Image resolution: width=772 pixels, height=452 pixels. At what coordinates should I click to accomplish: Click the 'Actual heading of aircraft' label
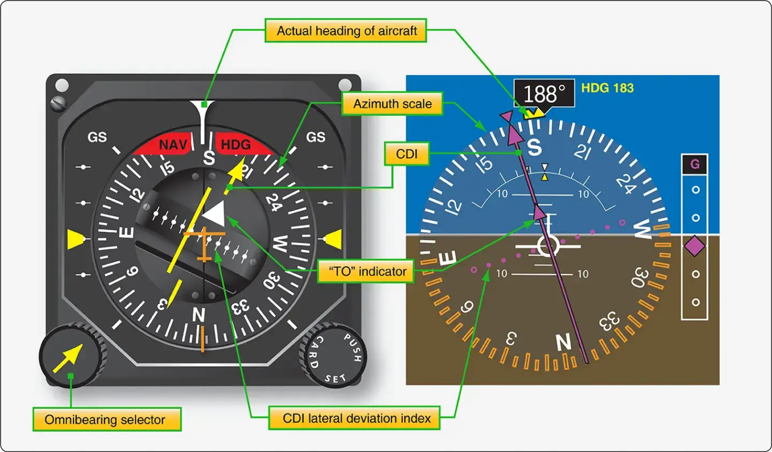pos(346,31)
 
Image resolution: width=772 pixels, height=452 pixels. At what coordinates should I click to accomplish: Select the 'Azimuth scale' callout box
pos(392,104)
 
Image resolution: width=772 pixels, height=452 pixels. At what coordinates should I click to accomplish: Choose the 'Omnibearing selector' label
pos(105,420)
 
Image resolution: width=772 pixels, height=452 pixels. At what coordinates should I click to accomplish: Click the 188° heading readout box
pos(543,94)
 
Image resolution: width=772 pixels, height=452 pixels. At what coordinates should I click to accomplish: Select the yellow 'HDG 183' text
pos(607,88)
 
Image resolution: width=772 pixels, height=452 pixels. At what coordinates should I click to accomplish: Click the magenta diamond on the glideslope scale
pos(695,246)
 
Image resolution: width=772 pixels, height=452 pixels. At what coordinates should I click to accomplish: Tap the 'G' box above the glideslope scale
pos(695,165)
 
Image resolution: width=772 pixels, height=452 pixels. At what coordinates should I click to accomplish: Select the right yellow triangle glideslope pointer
pos(333,239)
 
